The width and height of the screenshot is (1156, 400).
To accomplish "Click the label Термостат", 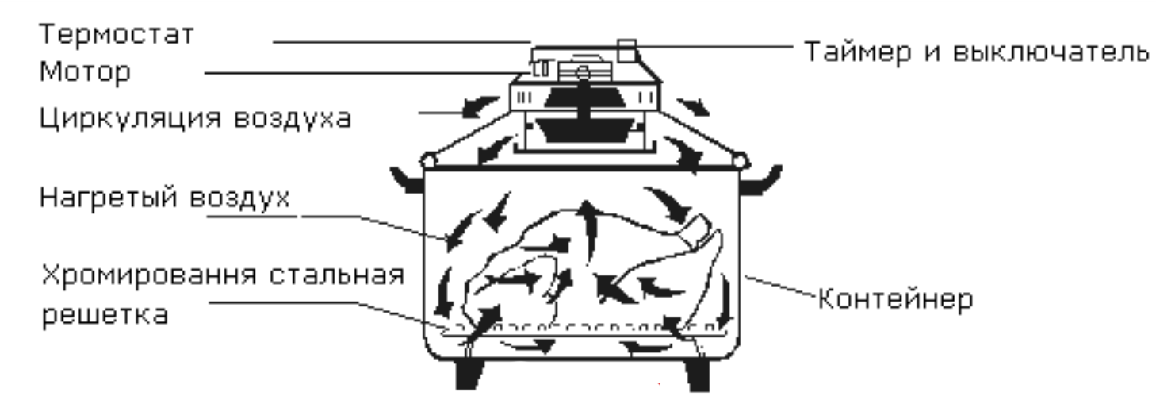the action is pyautogui.click(x=117, y=35).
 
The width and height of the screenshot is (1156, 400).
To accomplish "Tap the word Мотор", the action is pyautogui.click(x=85, y=72).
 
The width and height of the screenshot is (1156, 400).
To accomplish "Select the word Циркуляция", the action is pyautogui.click(x=131, y=119).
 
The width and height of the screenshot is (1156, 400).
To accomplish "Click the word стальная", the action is pyautogui.click(x=336, y=275).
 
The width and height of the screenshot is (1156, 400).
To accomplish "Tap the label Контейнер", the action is pyautogui.click(x=896, y=299).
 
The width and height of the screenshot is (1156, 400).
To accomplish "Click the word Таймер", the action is pyautogui.click(x=858, y=52).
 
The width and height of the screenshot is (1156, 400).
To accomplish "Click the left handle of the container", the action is pyautogui.click(x=408, y=181).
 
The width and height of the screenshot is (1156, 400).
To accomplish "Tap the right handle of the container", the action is pyautogui.click(x=762, y=180).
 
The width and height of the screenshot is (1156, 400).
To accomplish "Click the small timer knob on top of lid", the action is pyautogui.click(x=627, y=51).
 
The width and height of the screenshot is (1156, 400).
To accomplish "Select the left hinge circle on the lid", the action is pyautogui.click(x=428, y=161).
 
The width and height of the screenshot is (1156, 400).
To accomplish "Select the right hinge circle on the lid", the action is pyautogui.click(x=740, y=161).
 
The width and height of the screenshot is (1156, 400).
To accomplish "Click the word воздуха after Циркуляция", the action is pyautogui.click(x=293, y=119).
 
